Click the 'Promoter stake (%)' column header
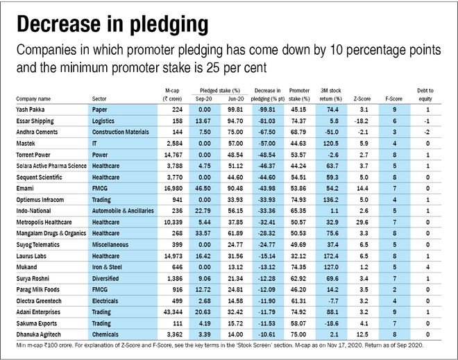(299, 95)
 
